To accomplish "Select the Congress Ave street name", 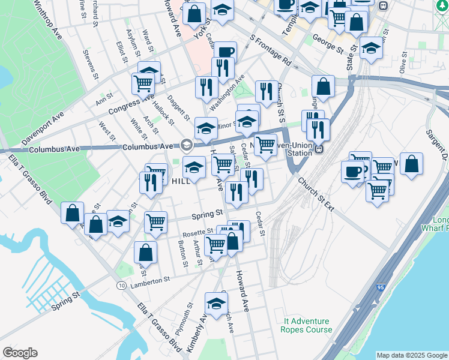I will [x=131, y=104].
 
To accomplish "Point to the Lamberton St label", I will [x=151, y=279].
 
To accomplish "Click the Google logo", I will [x=20, y=352].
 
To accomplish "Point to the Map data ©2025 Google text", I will [x=411, y=355].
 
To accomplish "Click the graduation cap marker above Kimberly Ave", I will [x=216, y=304].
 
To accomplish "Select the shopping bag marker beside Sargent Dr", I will [x=411, y=164].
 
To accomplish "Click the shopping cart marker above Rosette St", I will [x=156, y=221].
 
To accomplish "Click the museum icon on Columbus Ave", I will [x=186, y=145].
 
